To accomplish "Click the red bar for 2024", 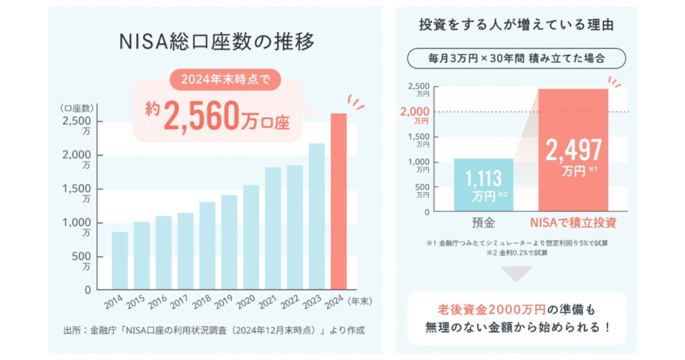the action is pos(338,201).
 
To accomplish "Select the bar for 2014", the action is pos(120,260).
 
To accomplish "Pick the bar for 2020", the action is pos(252,238).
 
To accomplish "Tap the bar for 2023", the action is pos(316,216).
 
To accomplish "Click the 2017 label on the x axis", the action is pos(180,302).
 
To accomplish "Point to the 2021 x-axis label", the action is pos(268,302).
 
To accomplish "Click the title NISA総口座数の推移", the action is pos(217,42).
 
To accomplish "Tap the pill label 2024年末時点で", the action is pos(225,80).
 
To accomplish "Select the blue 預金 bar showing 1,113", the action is pos(484,185).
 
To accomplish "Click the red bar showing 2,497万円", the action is pos(573,150).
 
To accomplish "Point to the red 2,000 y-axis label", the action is pos(415,114).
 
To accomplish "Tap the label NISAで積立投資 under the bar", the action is pos(573,223).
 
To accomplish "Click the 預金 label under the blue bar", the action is pos(484,223).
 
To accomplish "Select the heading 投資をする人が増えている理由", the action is pos(516,25).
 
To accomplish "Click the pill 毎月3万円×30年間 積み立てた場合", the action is pos(516,58).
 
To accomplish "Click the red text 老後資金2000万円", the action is pos(492,310).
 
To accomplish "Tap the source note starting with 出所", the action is pos(214,331).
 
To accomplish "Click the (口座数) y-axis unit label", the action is pos(77,108).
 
